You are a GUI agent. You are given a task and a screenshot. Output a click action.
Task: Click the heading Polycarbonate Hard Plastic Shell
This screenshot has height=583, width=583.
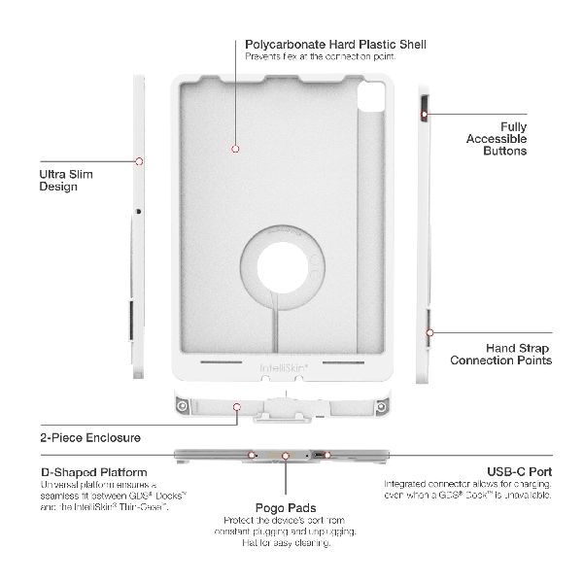point(335,45)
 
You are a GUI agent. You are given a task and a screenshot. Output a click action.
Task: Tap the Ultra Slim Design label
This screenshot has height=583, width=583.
point(66,181)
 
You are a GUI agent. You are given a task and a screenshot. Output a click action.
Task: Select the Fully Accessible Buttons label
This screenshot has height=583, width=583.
point(497,139)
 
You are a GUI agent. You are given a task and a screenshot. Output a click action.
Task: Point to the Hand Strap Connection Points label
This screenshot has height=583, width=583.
point(500,354)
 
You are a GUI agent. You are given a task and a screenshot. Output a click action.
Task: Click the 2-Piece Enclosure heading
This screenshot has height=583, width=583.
point(90,437)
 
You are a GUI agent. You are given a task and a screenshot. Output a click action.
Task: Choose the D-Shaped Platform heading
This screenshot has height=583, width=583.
point(94,472)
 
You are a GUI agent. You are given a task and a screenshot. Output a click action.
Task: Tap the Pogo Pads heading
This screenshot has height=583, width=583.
point(286,508)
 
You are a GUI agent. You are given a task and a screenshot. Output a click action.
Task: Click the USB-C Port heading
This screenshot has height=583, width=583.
point(520,472)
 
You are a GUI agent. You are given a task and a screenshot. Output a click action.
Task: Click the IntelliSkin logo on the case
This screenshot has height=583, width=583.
point(284,368)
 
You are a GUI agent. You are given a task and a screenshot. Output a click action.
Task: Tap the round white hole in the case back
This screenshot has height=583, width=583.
point(283,268)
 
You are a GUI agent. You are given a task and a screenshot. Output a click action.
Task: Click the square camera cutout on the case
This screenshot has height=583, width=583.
point(371,97)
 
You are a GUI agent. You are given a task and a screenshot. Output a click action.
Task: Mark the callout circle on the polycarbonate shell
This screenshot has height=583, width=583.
point(235,149)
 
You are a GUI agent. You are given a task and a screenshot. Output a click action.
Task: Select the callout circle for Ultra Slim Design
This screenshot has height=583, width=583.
point(139,161)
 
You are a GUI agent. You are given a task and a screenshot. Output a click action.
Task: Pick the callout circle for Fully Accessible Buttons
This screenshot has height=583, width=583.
point(425,115)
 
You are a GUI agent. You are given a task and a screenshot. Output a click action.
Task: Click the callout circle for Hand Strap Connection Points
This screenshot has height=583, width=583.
point(429,332)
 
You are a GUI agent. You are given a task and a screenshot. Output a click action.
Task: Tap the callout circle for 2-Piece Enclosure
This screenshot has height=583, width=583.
point(237,407)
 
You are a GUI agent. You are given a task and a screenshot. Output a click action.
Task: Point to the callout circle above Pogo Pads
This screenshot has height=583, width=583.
point(286,456)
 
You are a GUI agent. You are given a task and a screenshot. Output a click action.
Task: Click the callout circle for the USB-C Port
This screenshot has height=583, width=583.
point(327,455)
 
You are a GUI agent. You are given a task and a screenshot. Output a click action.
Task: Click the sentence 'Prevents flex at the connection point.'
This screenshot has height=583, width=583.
point(320,56)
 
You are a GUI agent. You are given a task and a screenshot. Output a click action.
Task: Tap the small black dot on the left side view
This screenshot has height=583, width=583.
point(139,212)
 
